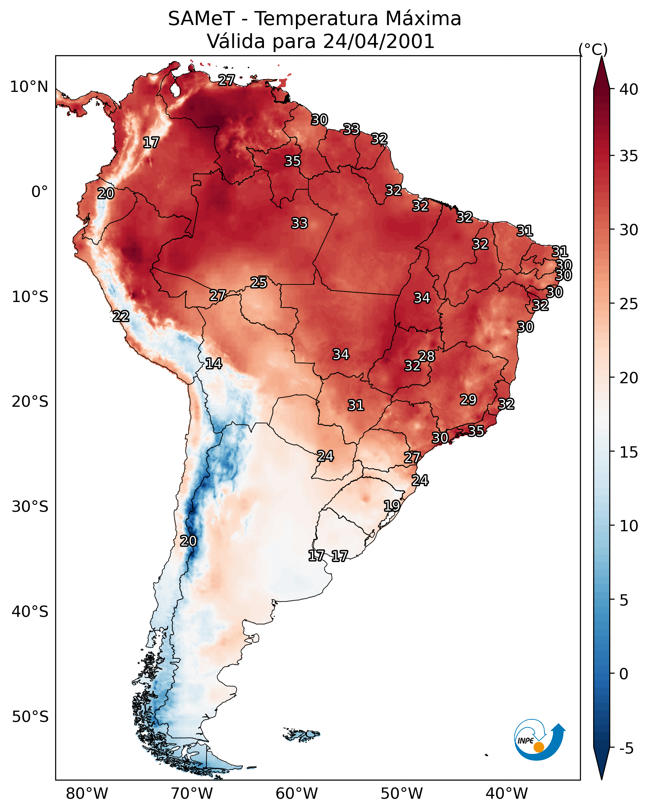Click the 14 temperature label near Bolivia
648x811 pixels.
[213, 363]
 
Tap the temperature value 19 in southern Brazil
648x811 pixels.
[392, 506]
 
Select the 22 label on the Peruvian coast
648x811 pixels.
[121, 316]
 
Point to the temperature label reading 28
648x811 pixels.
[426, 356]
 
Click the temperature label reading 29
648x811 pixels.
[468, 400]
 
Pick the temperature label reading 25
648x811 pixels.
[259, 283]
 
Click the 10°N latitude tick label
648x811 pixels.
[29, 87]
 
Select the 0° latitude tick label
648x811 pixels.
[40, 192]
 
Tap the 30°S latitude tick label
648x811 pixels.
[30, 507]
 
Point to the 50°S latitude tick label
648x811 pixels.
[30, 717]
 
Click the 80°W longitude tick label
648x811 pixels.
[87, 794]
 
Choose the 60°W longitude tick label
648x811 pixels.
[297, 794]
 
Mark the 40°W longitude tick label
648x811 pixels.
[507, 794]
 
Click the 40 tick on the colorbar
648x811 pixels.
[629, 89]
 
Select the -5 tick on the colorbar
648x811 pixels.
[626, 749]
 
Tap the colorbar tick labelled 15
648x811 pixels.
[629, 452]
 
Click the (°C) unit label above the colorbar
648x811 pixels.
[593, 49]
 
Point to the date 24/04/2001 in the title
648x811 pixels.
[378, 41]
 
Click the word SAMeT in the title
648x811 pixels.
[201, 19]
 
